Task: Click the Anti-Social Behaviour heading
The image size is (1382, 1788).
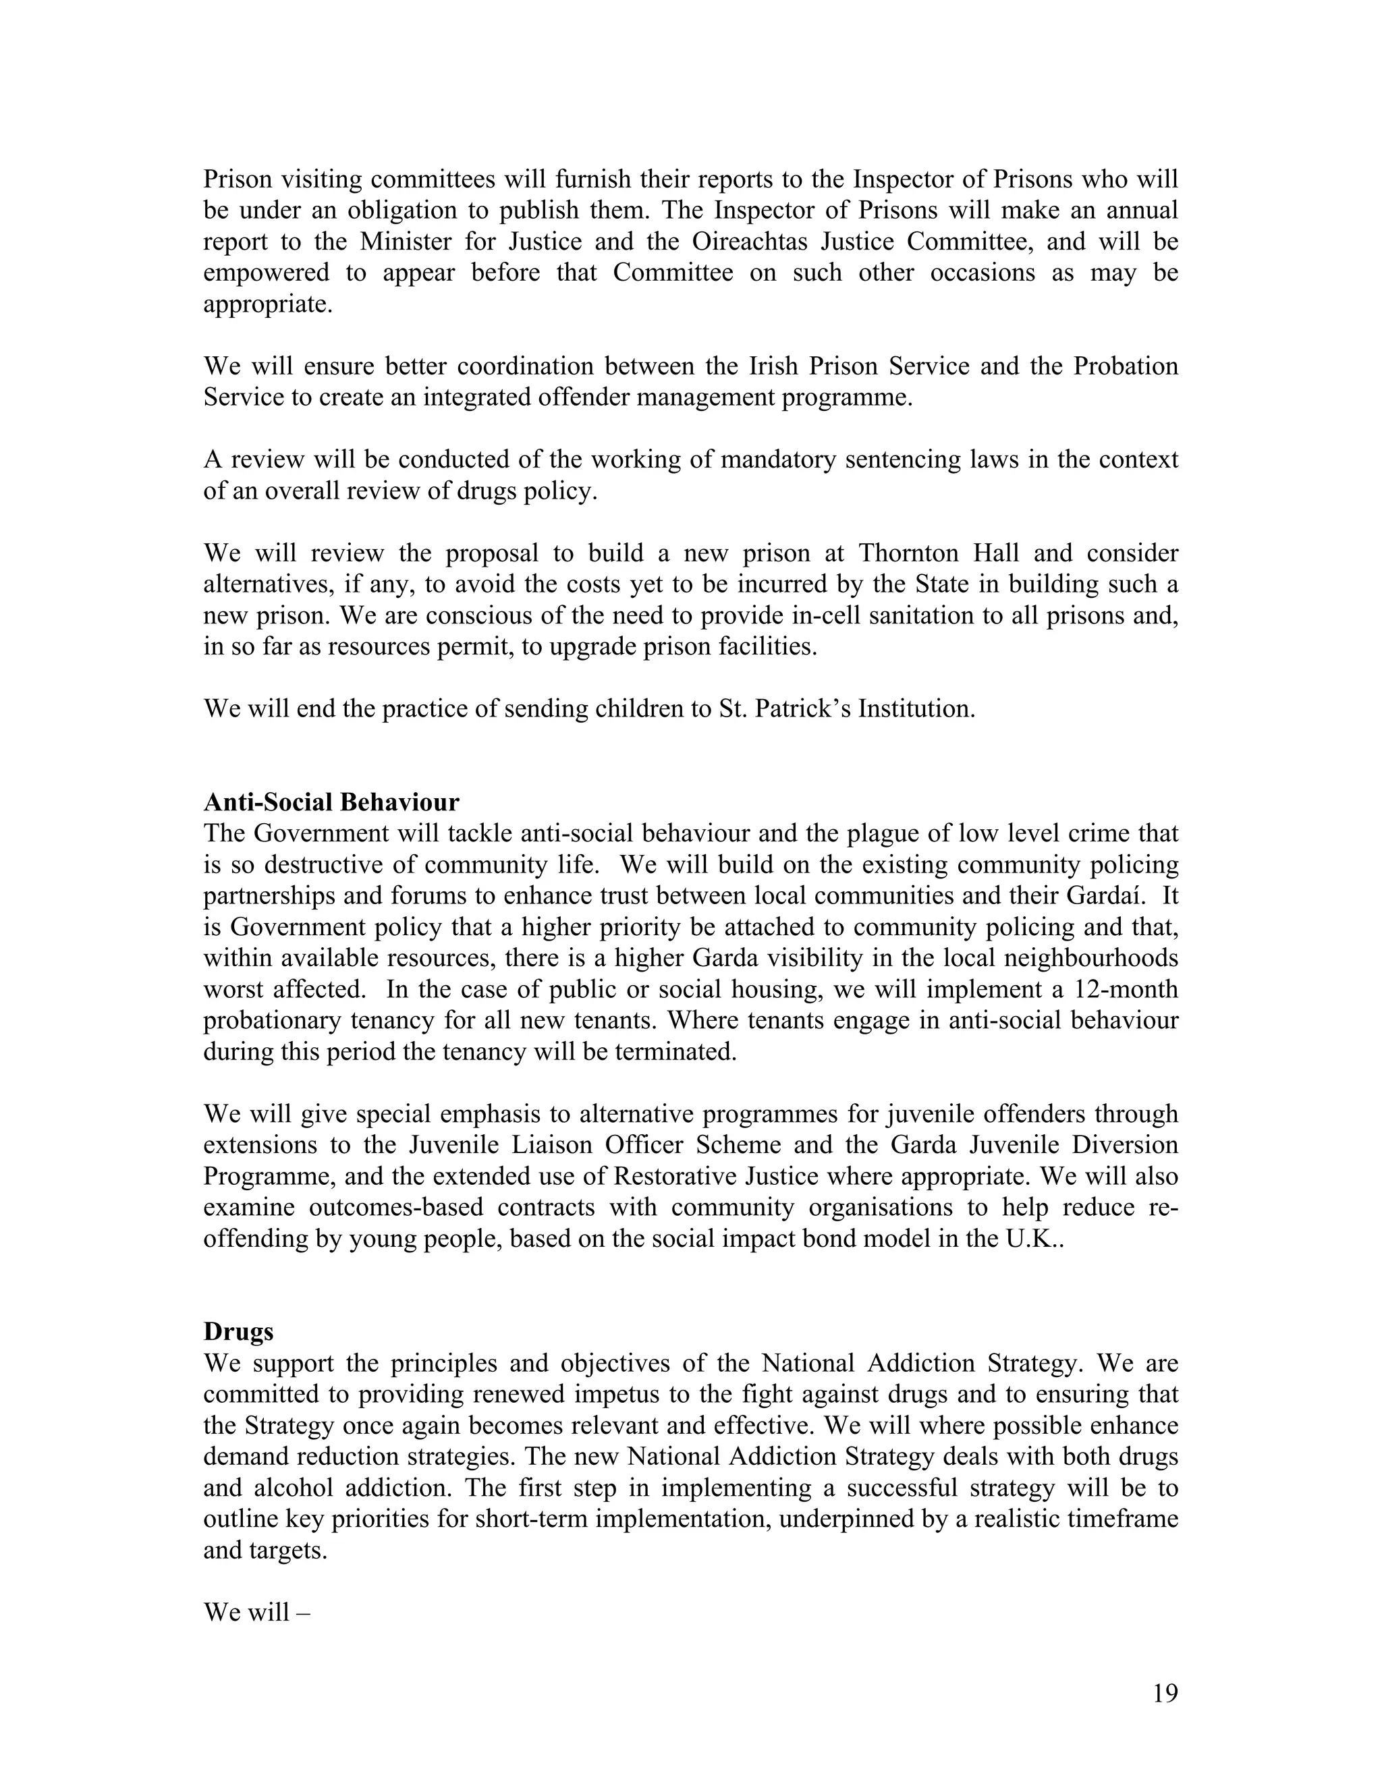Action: tap(331, 802)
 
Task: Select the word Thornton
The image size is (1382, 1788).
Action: tap(909, 553)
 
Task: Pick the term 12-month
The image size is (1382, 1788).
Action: tap(1126, 990)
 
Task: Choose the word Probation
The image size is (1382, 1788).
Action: tap(1126, 367)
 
